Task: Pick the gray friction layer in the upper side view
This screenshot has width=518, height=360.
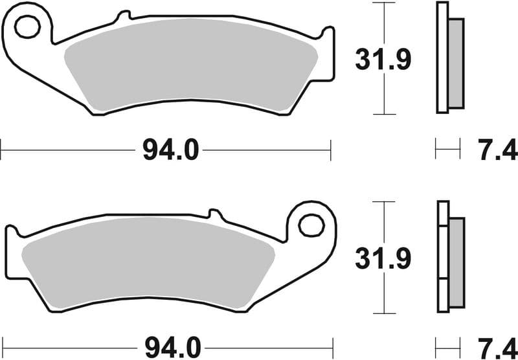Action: (x=456, y=63)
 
